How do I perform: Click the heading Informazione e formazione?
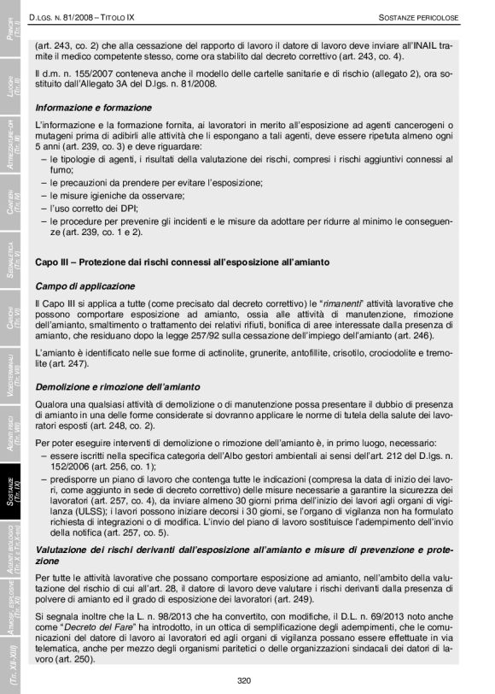(94, 108)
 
